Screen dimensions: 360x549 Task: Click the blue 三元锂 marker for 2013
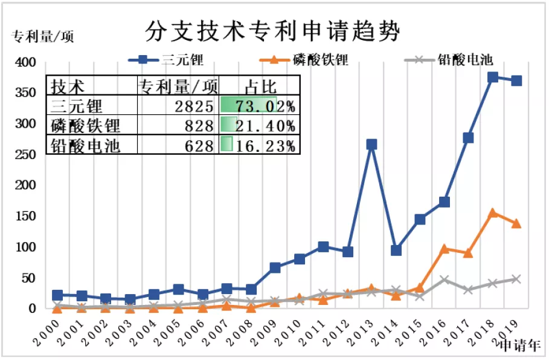371,145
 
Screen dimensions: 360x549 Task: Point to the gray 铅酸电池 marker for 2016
444,280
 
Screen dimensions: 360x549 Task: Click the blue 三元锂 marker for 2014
396,250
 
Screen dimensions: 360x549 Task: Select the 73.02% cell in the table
258,107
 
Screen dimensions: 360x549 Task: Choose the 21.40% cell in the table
258,126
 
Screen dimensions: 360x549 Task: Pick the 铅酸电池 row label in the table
86,145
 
